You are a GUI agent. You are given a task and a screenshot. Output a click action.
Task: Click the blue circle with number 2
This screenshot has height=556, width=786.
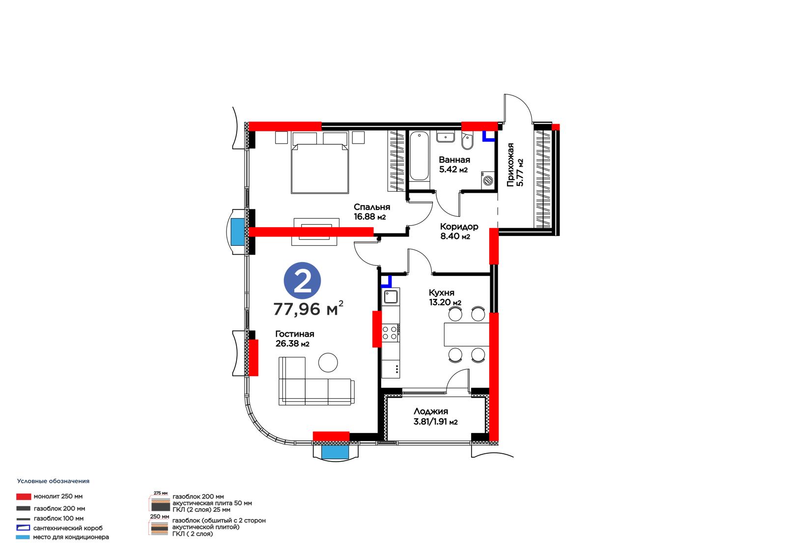[x=302, y=281]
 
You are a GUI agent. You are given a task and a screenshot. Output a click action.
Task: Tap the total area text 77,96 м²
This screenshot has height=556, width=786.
[x=308, y=308]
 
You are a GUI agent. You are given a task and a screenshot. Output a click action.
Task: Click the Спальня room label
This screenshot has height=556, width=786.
[x=371, y=207]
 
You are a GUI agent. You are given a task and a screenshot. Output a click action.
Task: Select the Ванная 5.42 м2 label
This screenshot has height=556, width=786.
[x=454, y=164]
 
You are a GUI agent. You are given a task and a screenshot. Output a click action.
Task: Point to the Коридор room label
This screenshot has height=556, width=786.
[x=459, y=227]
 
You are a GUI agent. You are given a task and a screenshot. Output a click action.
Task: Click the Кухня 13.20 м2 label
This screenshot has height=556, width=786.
[x=445, y=297]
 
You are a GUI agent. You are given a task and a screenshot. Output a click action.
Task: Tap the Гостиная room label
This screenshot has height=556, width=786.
[x=294, y=334]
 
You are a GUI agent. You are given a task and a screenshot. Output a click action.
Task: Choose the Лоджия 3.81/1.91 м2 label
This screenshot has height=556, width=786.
[x=435, y=416]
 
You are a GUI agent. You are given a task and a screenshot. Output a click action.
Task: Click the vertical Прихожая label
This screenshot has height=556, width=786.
[x=510, y=164]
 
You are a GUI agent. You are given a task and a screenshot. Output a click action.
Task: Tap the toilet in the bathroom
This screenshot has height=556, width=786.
[x=467, y=141]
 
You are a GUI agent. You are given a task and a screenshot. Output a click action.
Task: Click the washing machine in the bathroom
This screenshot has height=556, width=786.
[x=488, y=179]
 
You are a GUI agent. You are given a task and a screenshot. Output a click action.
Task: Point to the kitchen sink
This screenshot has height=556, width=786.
[x=390, y=296]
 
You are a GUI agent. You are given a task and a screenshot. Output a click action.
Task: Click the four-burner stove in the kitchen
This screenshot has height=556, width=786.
[x=390, y=333]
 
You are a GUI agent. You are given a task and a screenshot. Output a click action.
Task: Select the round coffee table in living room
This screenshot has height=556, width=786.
[x=328, y=362]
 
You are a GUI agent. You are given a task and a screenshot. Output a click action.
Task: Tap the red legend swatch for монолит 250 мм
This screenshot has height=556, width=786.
[x=24, y=497]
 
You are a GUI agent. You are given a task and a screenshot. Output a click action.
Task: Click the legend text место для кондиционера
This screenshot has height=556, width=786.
[x=71, y=537]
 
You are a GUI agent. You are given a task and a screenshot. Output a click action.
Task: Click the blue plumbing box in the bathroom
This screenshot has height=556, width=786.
[x=488, y=137]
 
